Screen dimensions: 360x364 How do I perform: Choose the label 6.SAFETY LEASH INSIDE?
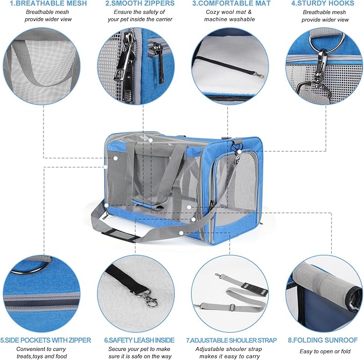coord(139,340)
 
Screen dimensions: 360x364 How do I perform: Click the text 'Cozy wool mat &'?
coord(229,12)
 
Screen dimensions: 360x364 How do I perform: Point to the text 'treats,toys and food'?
coord(42,356)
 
